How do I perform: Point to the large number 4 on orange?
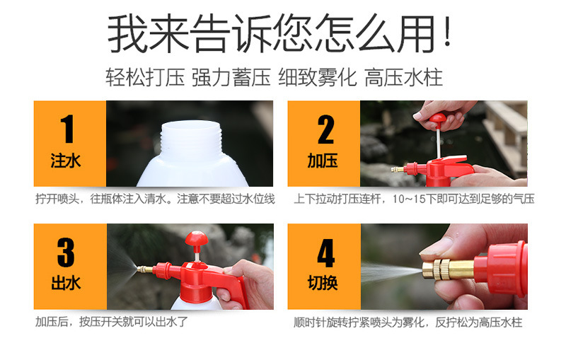(325, 252)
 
